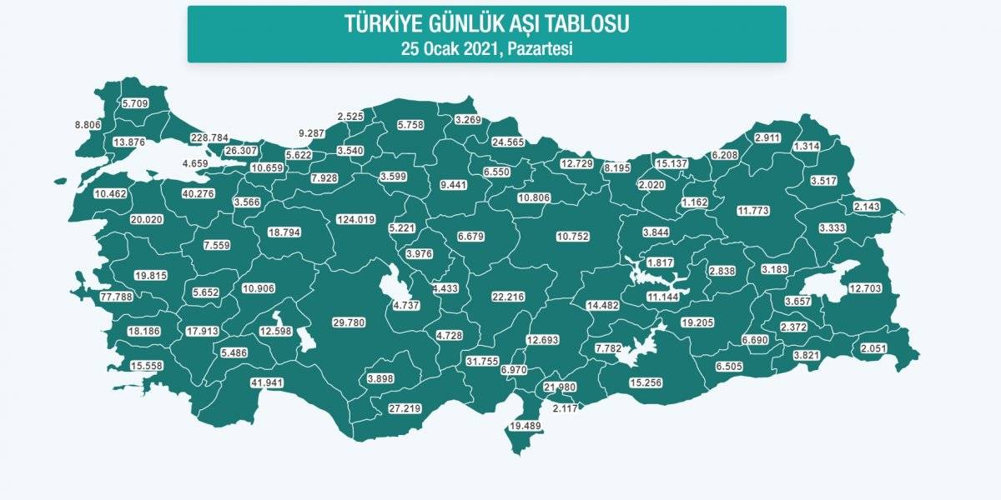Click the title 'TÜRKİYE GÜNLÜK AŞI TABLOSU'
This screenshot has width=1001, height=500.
click(486, 24)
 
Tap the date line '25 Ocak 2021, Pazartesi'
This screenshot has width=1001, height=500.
click(486, 48)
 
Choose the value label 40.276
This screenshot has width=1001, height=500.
click(199, 194)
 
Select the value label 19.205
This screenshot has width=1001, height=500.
click(699, 322)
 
